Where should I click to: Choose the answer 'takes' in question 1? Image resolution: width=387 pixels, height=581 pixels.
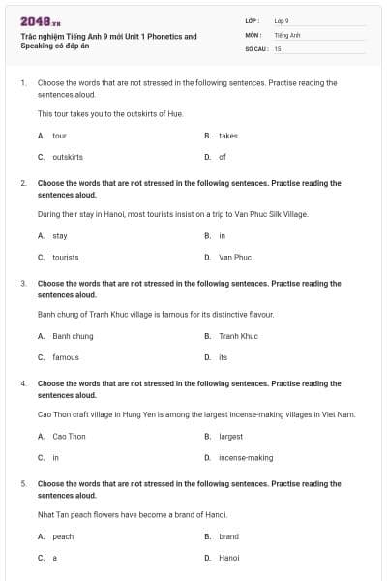point(227,136)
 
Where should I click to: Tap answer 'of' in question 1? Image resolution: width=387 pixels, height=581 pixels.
point(223,156)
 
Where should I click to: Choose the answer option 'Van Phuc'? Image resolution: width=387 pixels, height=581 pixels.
point(234,257)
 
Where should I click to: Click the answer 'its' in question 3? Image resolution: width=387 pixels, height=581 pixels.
point(223,357)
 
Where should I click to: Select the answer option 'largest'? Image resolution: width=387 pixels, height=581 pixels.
point(230,436)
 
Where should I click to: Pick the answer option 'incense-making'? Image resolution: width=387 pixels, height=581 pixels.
point(246,457)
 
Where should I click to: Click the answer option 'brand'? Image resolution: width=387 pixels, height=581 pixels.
point(228,536)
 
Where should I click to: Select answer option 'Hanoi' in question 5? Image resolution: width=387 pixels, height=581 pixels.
point(228,558)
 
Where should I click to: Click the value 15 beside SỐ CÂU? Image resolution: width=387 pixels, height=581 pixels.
point(278,47)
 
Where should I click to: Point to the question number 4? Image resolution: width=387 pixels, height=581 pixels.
point(23,383)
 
